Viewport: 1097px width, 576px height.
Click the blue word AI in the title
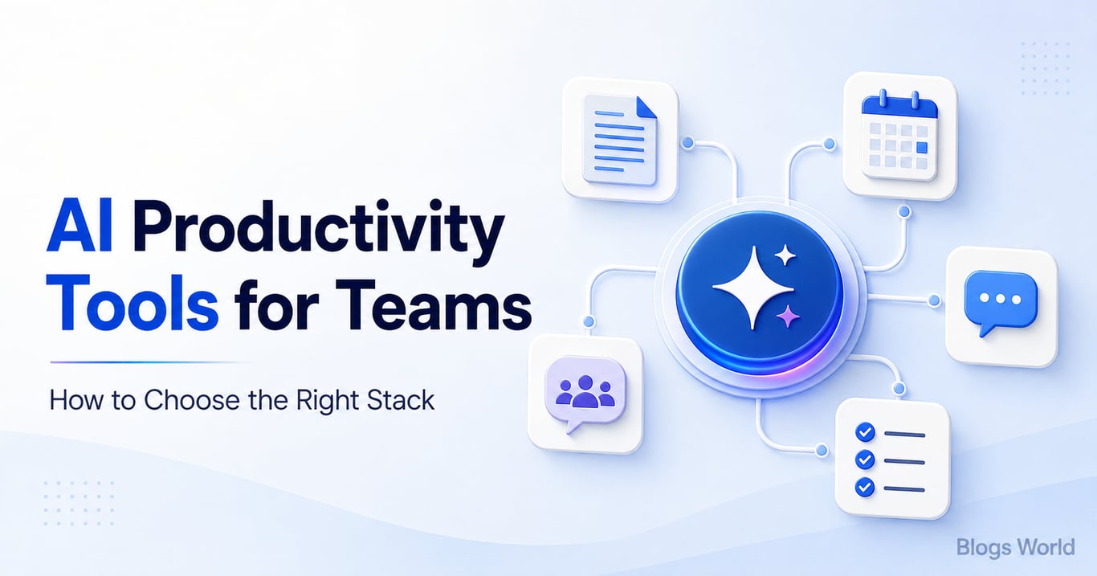[79, 227]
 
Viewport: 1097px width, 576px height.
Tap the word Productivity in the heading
[318, 231]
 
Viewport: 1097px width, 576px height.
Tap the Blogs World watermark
[1016, 548]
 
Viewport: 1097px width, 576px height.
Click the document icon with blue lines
[619, 140]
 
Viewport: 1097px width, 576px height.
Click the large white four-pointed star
[752, 288]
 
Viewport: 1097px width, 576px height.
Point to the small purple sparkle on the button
[788, 316]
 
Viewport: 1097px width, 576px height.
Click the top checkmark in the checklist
[865, 432]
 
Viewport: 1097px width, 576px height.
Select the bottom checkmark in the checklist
[865, 487]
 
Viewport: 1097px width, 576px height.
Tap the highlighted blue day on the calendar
[922, 148]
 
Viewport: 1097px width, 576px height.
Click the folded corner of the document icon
[646, 107]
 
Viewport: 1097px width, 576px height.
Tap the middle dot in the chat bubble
[1001, 299]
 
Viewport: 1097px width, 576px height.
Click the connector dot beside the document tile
[687, 142]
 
